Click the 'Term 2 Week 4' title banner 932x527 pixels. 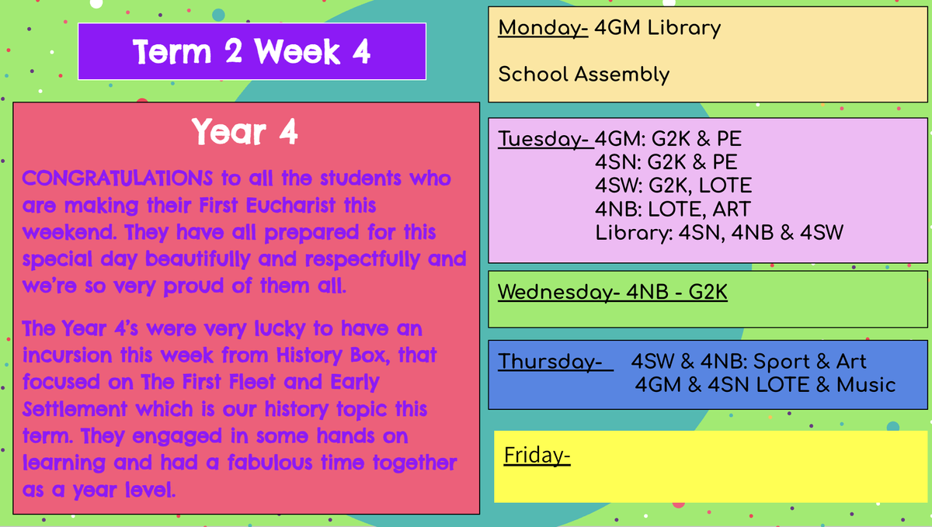pyautogui.click(x=252, y=51)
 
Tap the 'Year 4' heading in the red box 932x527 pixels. pyautogui.click(x=245, y=132)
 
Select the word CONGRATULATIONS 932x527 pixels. pyautogui.click(x=117, y=179)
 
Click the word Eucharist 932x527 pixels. pyautogui.click(x=290, y=206)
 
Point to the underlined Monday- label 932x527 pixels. pyautogui.click(x=543, y=29)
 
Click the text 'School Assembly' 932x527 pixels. pyautogui.click(x=584, y=75)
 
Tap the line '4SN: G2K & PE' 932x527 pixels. pyautogui.click(x=666, y=162)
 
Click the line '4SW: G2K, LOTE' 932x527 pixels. pyautogui.click(x=673, y=185)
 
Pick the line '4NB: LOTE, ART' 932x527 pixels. pyautogui.click(x=673, y=210)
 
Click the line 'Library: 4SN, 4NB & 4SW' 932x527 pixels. pyautogui.click(x=719, y=233)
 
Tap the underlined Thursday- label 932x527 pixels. pyautogui.click(x=555, y=362)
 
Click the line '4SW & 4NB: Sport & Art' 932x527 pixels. pyautogui.click(x=749, y=362)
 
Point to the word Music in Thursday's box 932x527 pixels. pyautogui.click(x=866, y=385)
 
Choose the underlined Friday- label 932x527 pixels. pyautogui.click(x=537, y=456)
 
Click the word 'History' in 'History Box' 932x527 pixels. pyautogui.click(x=309, y=355)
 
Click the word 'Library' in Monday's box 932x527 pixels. pyautogui.click(x=683, y=29)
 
